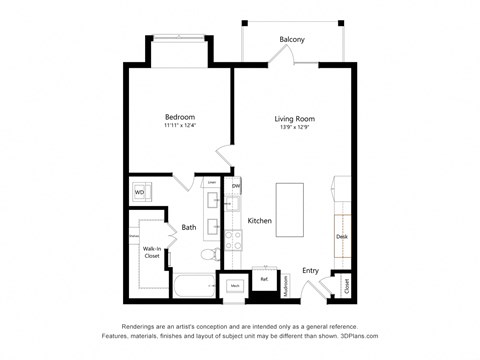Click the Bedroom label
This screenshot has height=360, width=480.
point(180,118)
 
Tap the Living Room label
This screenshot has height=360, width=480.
point(295,119)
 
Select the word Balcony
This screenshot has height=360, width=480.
point(292,40)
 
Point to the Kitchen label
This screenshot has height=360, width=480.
point(260,220)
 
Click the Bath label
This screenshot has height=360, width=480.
point(188,228)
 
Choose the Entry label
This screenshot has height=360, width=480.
point(311,269)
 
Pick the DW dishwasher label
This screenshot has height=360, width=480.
point(236,187)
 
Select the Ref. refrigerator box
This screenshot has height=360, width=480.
point(264,280)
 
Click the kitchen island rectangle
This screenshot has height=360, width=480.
point(289,208)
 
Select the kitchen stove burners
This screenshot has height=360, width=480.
point(233,240)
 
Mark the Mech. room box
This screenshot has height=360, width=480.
point(235,285)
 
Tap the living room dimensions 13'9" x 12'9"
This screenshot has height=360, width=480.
point(295,128)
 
